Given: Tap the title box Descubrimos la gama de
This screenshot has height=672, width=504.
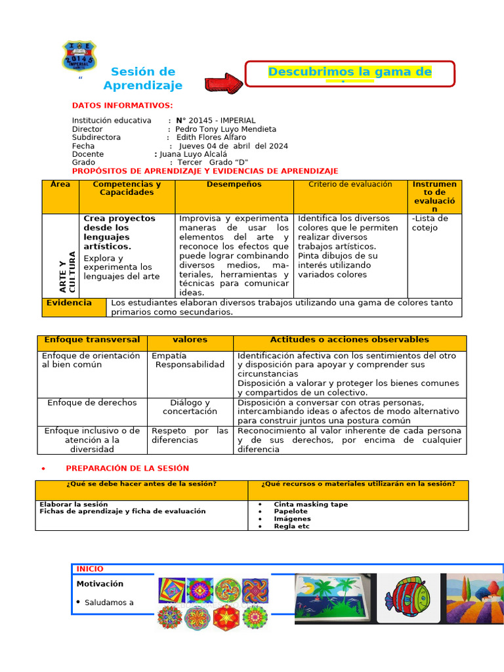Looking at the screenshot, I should pos(350,73).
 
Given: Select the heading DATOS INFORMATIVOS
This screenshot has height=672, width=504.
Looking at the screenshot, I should pos(122,106).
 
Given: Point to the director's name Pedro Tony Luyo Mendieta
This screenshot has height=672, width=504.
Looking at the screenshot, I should pos(226,129).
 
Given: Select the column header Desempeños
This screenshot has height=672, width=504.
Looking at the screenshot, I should pos(234,185).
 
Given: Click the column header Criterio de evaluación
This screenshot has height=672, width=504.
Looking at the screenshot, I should pos(350,185).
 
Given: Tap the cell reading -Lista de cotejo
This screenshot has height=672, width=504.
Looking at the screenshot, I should pos(430,223).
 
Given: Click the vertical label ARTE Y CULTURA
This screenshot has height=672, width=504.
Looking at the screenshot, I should pos(68,272).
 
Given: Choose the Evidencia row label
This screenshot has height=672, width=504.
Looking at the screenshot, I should pos(69,303).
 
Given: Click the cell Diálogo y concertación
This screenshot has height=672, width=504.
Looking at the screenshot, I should pos(190,407).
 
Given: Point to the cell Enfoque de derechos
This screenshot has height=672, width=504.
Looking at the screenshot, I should pos(92,403).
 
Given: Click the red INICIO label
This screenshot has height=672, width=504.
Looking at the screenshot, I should pos(90,569).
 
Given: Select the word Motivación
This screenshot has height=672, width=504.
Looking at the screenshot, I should pos(100,584).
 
